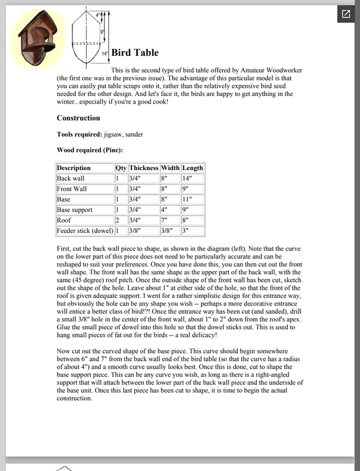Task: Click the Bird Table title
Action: tap(134, 53)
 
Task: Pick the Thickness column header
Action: tap(144, 168)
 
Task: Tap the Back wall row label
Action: tap(71, 178)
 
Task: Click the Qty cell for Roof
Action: tap(118, 220)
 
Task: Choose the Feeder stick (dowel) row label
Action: tap(84, 230)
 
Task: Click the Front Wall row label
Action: tap(72, 189)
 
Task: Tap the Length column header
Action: tap(193, 168)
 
